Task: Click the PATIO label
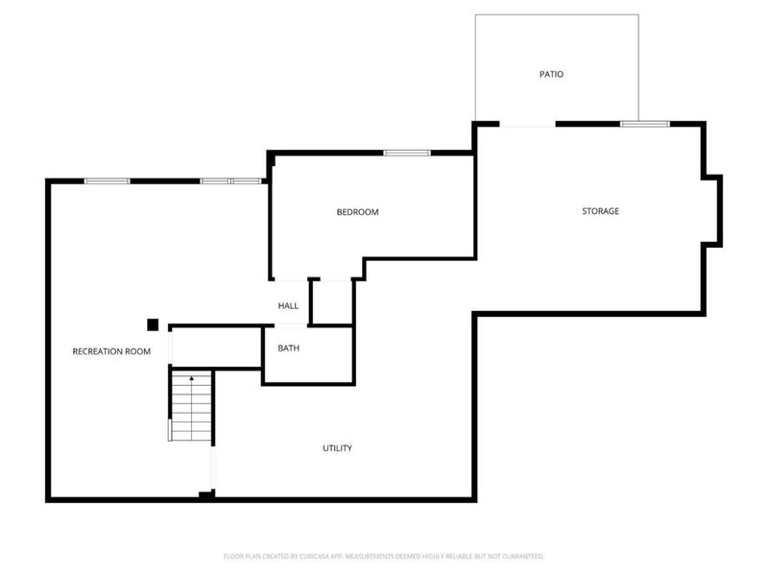point(550,74)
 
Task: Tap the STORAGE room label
point(600,211)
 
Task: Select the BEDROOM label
point(357,212)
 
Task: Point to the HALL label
point(288,306)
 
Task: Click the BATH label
point(288,348)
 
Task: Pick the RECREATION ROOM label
point(111,351)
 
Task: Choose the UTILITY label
point(337,448)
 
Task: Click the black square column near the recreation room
point(152,324)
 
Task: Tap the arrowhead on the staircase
point(191,378)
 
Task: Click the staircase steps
point(191,408)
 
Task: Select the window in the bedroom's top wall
point(398,153)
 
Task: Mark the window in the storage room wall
point(644,124)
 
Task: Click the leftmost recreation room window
point(107,180)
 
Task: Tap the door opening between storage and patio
point(527,125)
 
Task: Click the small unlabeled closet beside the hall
point(332,302)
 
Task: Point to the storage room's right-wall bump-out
point(713,209)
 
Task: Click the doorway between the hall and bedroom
point(288,280)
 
